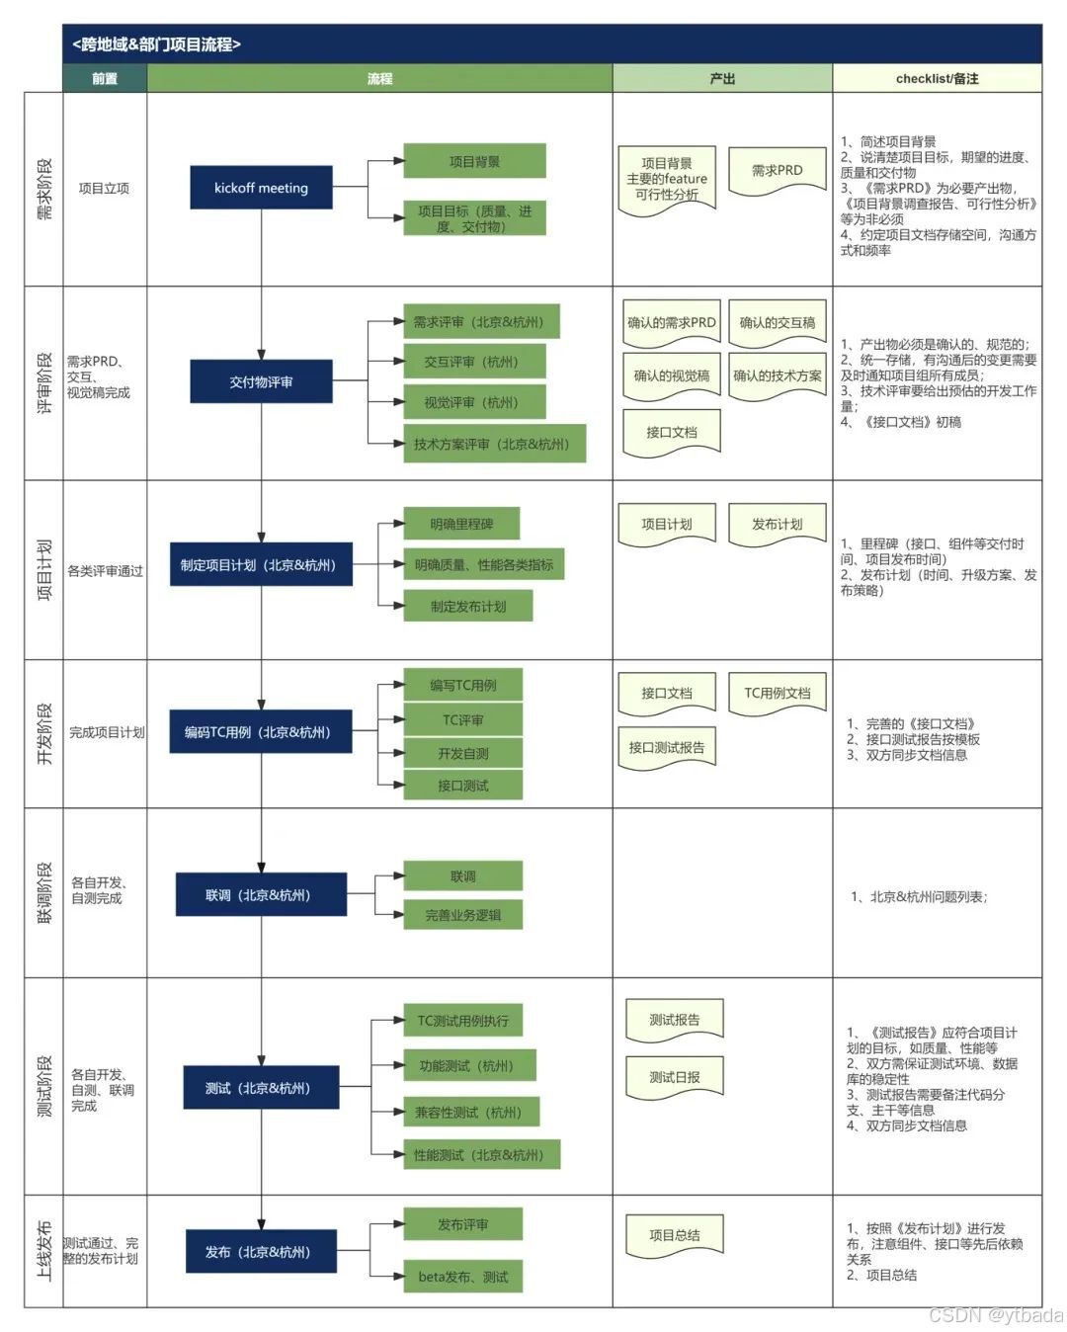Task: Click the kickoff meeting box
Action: pyautogui.click(x=261, y=188)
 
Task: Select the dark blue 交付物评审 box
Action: pyautogui.click(x=261, y=382)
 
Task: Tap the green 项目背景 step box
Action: pyautogui.click(x=474, y=161)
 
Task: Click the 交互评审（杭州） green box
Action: pyautogui.click(x=471, y=363)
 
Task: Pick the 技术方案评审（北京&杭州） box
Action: pyautogui.click(x=492, y=445)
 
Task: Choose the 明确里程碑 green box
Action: pyautogui.click(x=461, y=524)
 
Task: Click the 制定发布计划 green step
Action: pyautogui.click(x=468, y=606)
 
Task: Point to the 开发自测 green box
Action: pyautogui.click(x=462, y=753)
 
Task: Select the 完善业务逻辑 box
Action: pyautogui.click(x=462, y=915)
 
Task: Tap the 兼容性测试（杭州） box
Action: pyautogui.click(x=468, y=1112)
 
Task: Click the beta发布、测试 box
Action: pyautogui.click(x=462, y=1277)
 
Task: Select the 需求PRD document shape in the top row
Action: pyautogui.click(x=777, y=171)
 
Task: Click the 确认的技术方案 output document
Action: pyautogui.click(x=777, y=375)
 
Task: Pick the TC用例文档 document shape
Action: pyautogui.click(x=777, y=694)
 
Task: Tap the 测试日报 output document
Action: pyautogui.click(x=674, y=1077)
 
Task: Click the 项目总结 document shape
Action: pyautogui.click(x=674, y=1235)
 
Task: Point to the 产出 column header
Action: pyautogui.click(x=722, y=78)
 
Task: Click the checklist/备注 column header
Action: pyautogui.click(x=937, y=78)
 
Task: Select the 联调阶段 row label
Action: pyautogui.click(x=44, y=893)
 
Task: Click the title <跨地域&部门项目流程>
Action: pyautogui.click(x=156, y=44)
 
